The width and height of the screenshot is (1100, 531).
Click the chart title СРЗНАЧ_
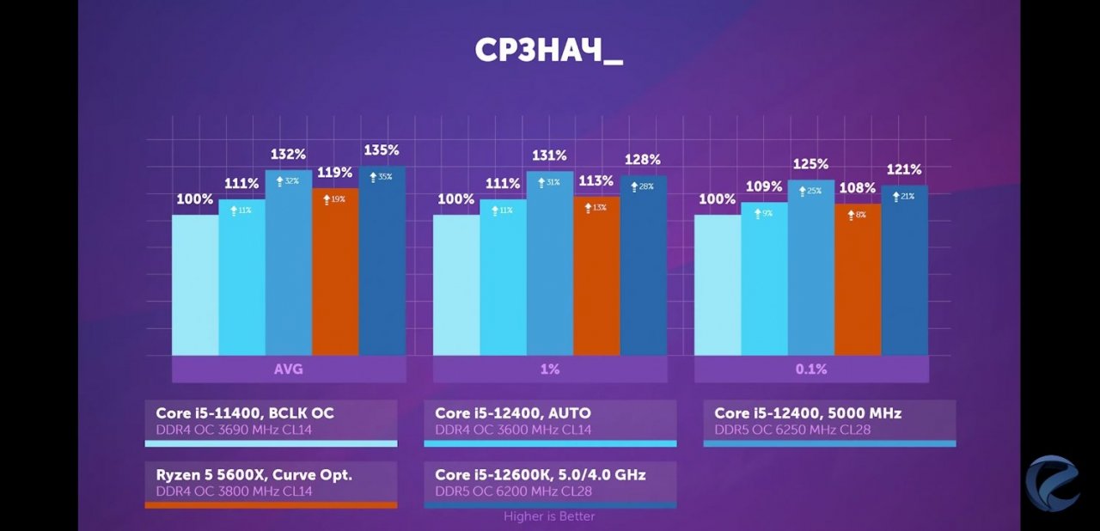[548, 51]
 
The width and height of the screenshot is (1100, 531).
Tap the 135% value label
[382, 150]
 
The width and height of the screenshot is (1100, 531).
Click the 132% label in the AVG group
[289, 155]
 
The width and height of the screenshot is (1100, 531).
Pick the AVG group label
[289, 369]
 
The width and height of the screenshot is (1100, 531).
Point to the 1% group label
[550, 369]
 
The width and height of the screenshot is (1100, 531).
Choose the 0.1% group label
[811, 369]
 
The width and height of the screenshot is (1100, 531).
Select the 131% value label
[549, 156]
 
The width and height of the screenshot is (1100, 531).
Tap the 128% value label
[643, 160]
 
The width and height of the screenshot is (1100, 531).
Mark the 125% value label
[810, 164]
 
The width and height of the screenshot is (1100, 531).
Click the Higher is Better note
[549, 516]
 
